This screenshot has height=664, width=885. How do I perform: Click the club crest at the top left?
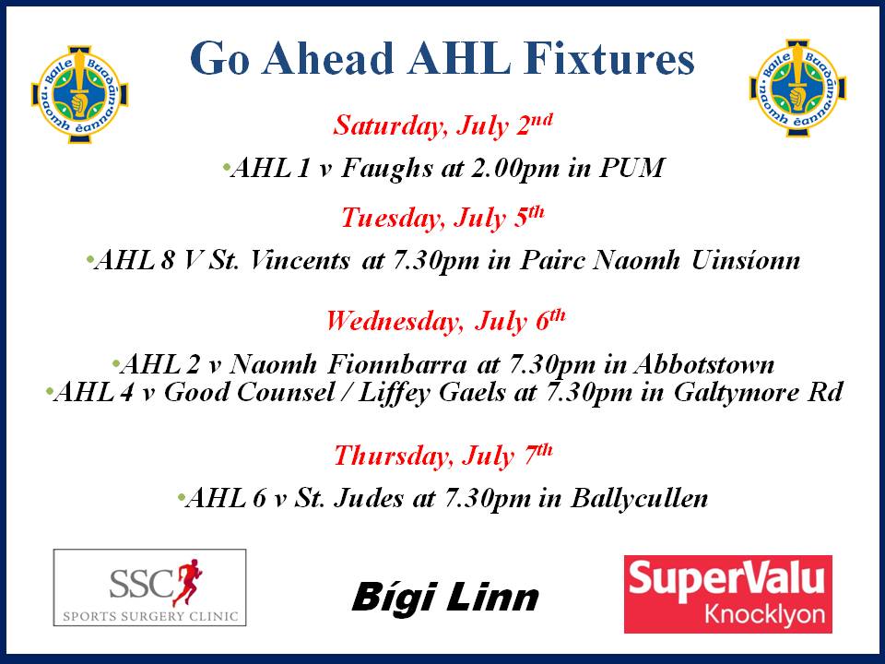coord(79,94)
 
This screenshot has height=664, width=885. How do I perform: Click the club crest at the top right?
coord(797,88)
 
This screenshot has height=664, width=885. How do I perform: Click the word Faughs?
coord(386,168)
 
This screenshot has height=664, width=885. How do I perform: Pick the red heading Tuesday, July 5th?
coord(442,219)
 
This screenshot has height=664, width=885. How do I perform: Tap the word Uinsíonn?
coord(746,260)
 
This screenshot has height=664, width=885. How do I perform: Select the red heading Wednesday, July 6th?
coord(445,321)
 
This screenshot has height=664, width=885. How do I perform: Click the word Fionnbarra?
coord(397,364)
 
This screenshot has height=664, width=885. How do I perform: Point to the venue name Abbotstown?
coord(703,364)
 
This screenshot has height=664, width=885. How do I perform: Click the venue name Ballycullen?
coord(639,499)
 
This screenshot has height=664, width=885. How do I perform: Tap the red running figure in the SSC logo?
coord(187,582)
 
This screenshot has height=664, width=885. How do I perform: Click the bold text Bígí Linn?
coord(445,598)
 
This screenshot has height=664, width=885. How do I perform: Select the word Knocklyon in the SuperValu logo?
coord(764,614)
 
